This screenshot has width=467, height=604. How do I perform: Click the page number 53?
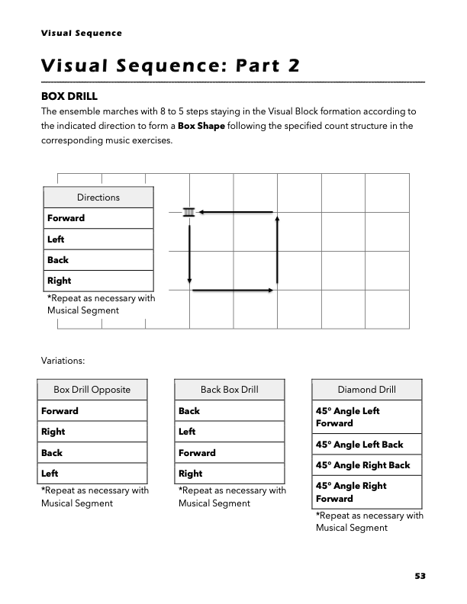[x=420, y=577]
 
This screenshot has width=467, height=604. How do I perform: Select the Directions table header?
[x=98, y=198]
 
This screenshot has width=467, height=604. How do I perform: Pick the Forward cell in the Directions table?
[x=66, y=218]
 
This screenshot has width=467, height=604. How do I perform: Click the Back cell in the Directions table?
[x=58, y=260]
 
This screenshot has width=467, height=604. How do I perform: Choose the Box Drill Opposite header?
[x=92, y=390]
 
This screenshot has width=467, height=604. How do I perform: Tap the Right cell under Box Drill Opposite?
[x=53, y=432]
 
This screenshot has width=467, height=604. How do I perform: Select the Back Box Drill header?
[x=230, y=390]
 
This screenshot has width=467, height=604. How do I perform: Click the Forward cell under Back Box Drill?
[x=197, y=452]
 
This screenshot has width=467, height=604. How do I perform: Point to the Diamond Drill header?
[x=366, y=390]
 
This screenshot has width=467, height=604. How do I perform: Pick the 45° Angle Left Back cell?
[x=359, y=445]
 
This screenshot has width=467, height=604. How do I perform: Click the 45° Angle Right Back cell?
[x=362, y=465]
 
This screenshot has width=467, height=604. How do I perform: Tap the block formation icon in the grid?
[x=189, y=211]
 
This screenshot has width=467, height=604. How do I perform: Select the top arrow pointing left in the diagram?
[x=237, y=211]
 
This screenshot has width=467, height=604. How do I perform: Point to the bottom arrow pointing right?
[x=233, y=291]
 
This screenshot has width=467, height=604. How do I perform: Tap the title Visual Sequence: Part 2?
[x=170, y=64]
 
